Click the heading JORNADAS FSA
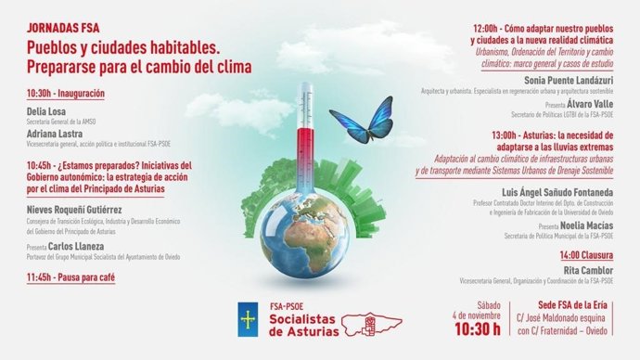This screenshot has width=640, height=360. (x=64, y=29)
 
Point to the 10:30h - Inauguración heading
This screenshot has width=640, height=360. (x=66, y=94)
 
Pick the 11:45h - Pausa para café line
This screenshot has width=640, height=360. (x=70, y=276)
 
